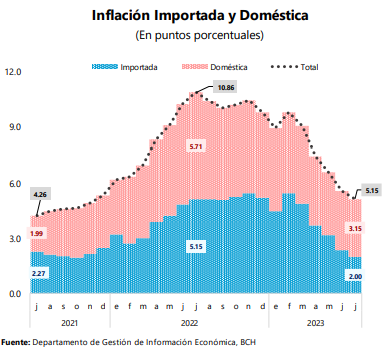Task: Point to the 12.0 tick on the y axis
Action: click(13, 72)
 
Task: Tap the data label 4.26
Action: click(40, 194)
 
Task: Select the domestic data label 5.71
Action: click(196, 147)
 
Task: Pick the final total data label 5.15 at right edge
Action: click(371, 189)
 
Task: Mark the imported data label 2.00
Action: click(354, 276)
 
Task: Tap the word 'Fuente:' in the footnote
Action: click(15, 343)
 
